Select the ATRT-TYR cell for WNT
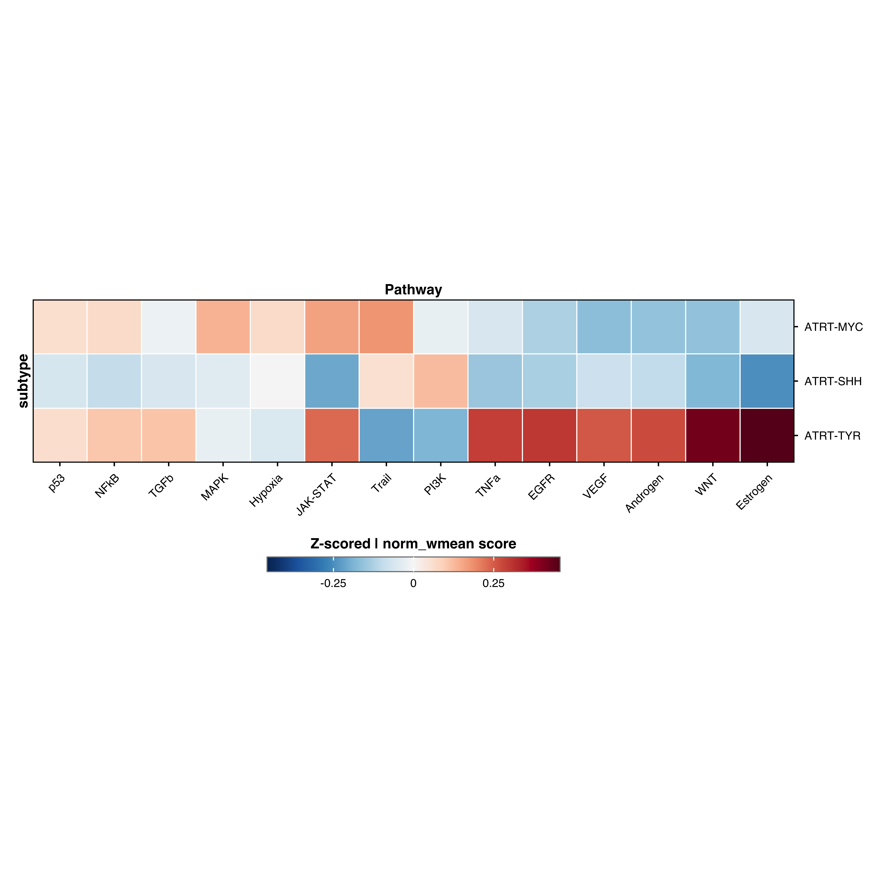point(712,435)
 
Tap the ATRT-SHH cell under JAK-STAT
point(332,381)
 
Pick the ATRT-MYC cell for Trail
point(386,327)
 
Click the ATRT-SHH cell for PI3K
point(440,381)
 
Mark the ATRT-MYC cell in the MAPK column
point(223,327)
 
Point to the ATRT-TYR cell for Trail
point(386,435)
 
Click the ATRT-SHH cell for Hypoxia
point(277,381)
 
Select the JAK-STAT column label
point(317,495)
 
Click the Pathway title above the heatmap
point(413,290)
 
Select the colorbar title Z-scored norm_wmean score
point(413,544)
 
